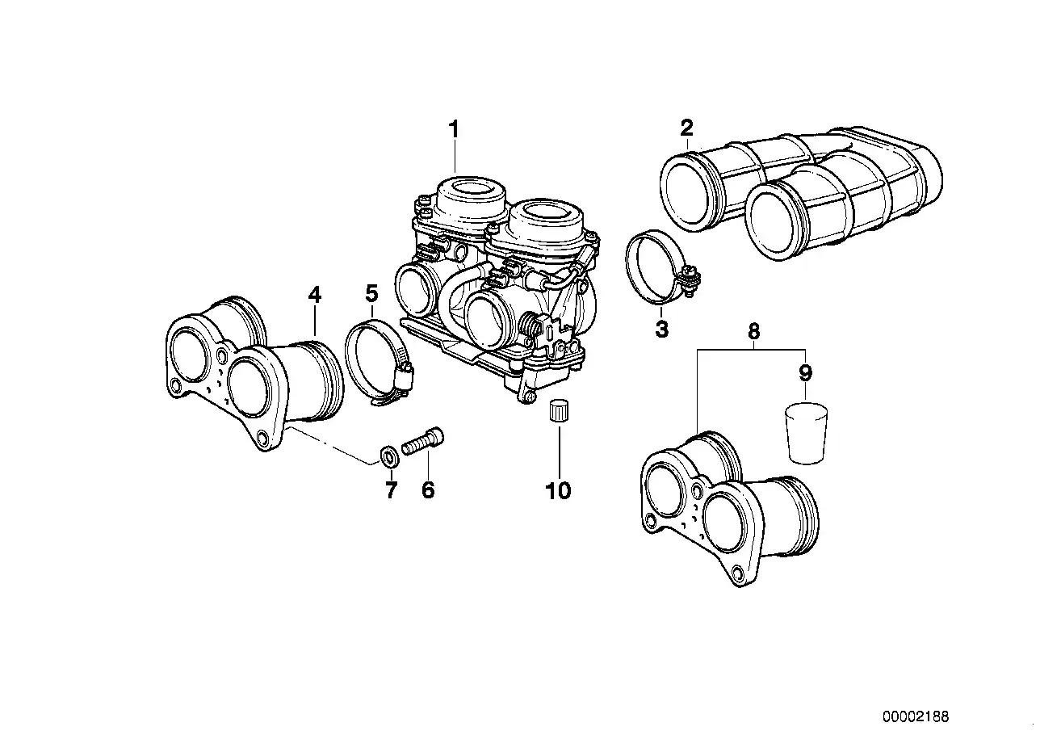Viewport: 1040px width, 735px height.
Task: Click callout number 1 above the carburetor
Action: point(454,129)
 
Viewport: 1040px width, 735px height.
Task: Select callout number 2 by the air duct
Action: point(686,128)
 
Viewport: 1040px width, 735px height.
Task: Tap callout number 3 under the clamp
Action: point(662,330)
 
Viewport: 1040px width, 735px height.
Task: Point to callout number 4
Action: point(315,295)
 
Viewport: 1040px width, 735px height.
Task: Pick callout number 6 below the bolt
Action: point(428,489)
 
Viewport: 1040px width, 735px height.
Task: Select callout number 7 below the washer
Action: point(391,489)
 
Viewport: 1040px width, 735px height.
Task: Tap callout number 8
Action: point(753,331)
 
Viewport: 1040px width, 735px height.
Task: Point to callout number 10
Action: point(558,489)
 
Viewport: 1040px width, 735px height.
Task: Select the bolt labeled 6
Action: point(424,442)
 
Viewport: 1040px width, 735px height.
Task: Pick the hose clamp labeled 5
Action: point(375,362)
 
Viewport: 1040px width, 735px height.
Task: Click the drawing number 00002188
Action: point(916,716)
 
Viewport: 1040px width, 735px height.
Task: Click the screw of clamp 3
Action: point(690,279)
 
